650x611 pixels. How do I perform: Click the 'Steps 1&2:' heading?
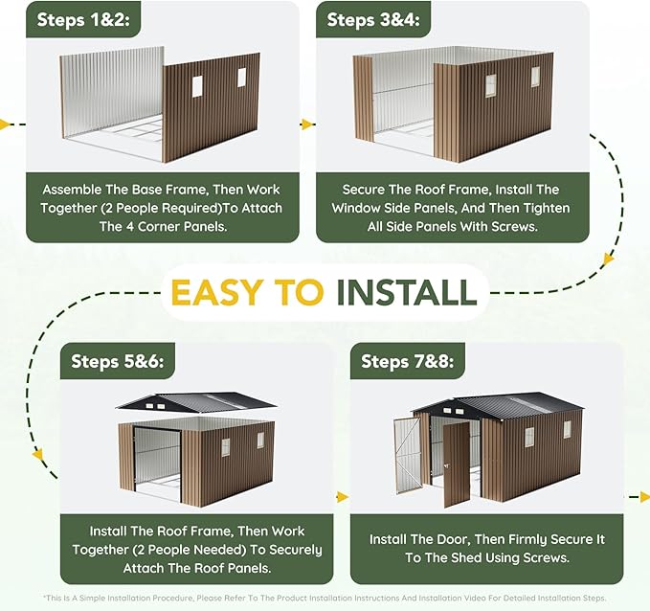coord(83,19)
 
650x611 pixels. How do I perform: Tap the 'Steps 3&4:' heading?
coord(373,19)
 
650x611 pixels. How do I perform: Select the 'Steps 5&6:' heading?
coord(118,361)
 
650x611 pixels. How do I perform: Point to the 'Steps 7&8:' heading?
coord(408,361)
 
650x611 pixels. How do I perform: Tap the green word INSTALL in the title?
coord(406,292)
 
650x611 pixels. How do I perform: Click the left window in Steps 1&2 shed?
coord(197,86)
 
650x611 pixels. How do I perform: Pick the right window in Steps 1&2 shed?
coord(241,78)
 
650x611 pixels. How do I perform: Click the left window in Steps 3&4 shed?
coord(491,86)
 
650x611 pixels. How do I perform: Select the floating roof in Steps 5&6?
coord(196,402)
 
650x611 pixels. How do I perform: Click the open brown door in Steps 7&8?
coord(457,464)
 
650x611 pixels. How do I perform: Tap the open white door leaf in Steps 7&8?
coord(407,456)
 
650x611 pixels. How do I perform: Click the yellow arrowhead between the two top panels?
coord(307,124)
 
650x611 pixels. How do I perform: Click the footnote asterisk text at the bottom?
coord(325,599)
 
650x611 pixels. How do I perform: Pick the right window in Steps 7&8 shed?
coord(567,429)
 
